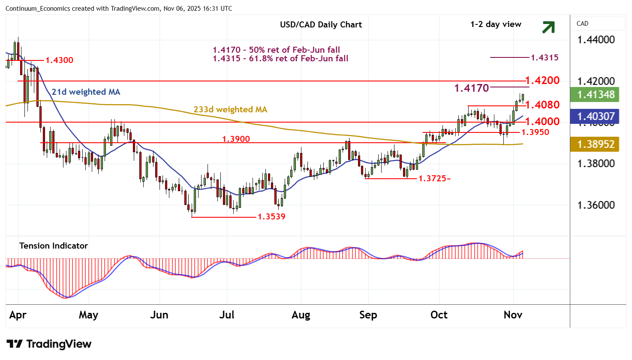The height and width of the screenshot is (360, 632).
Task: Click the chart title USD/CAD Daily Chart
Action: [321, 24]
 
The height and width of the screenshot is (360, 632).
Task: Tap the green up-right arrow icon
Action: [548, 27]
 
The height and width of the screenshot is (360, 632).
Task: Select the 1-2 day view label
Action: [496, 24]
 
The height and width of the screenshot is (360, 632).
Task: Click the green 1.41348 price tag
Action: [596, 94]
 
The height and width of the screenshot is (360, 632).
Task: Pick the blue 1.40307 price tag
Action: [596, 116]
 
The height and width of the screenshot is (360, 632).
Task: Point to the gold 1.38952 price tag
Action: [596, 144]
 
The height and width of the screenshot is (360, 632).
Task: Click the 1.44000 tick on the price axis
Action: [596, 40]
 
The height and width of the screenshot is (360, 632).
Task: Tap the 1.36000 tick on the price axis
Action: [596, 205]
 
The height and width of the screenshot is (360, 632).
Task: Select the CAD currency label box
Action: [598, 24]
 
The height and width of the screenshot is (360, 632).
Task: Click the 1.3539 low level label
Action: [271, 216]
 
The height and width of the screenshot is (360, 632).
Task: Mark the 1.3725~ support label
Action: [434, 178]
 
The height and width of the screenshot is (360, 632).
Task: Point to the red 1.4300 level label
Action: [59, 60]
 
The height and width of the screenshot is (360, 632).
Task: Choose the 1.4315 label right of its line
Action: [545, 57]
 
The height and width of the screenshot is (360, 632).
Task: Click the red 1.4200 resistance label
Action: [542, 80]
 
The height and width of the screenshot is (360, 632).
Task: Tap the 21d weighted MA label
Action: [86, 92]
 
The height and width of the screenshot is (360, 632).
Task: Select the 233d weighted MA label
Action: [230, 109]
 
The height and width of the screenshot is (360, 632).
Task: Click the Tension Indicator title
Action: [53, 246]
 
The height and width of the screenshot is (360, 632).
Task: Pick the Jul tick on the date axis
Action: [226, 315]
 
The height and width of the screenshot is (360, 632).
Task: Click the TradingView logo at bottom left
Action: [49, 344]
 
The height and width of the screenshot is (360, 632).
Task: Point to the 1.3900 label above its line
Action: [236, 139]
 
